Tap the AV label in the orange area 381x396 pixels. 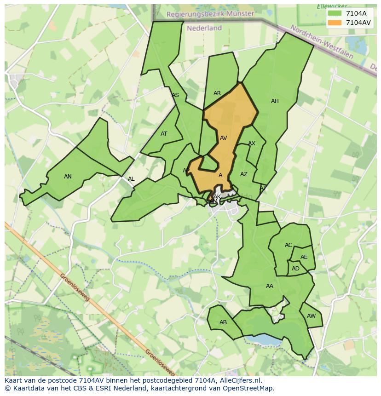[224, 138]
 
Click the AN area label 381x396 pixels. [68, 177]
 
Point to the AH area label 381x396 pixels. [275, 101]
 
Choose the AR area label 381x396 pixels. [217, 93]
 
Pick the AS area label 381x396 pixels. [175, 96]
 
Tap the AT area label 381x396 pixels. [164, 134]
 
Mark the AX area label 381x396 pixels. [252, 144]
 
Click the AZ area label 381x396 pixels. [244, 174]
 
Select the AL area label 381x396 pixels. [131, 179]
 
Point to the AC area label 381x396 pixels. [289, 245]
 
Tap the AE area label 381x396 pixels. [304, 258]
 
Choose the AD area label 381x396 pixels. [295, 269]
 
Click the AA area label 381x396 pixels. [270, 286]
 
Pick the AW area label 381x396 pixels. [311, 316]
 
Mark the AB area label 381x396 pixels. [223, 322]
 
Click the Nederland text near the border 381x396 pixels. [204, 28]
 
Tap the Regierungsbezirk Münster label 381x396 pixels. [210, 14]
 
